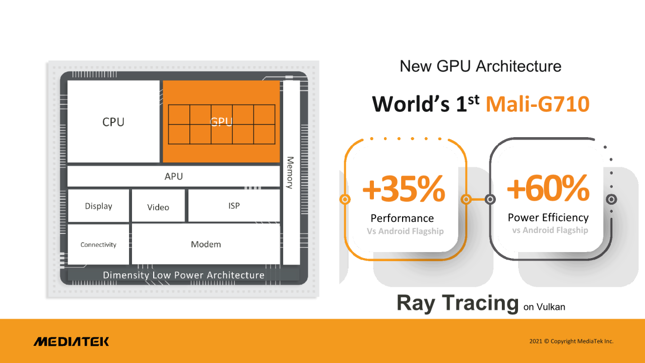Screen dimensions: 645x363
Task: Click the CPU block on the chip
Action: pyautogui.click(x=113, y=122)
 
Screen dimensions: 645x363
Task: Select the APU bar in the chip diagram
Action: pyautogui.click(x=173, y=176)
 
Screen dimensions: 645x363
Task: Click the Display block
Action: pyautogui.click(x=98, y=206)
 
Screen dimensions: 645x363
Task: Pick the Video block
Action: pyautogui.click(x=158, y=206)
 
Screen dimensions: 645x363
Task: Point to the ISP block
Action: pyautogui.click(x=234, y=205)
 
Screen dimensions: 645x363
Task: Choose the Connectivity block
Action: pyautogui.click(x=98, y=245)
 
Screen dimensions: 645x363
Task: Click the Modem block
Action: pyautogui.click(x=206, y=244)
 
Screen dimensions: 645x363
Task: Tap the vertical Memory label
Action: pyautogui.click(x=290, y=172)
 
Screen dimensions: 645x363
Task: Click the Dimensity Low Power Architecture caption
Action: pyautogui.click(x=184, y=275)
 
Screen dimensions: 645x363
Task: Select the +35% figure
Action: pyautogui.click(x=404, y=189)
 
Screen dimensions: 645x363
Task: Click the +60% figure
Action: pyautogui.click(x=548, y=188)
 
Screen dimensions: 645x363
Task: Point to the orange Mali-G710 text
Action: pyautogui.click(x=538, y=104)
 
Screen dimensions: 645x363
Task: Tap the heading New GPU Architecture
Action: pyautogui.click(x=481, y=66)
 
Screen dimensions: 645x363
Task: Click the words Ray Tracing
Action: pyautogui.click(x=458, y=304)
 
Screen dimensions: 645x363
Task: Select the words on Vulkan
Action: pyautogui.click(x=544, y=307)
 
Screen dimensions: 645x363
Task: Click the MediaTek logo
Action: pyautogui.click(x=72, y=341)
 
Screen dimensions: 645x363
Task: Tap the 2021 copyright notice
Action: pyautogui.click(x=571, y=341)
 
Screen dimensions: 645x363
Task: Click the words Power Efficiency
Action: pyautogui.click(x=548, y=217)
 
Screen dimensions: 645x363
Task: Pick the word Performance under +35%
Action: pyautogui.click(x=402, y=218)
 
